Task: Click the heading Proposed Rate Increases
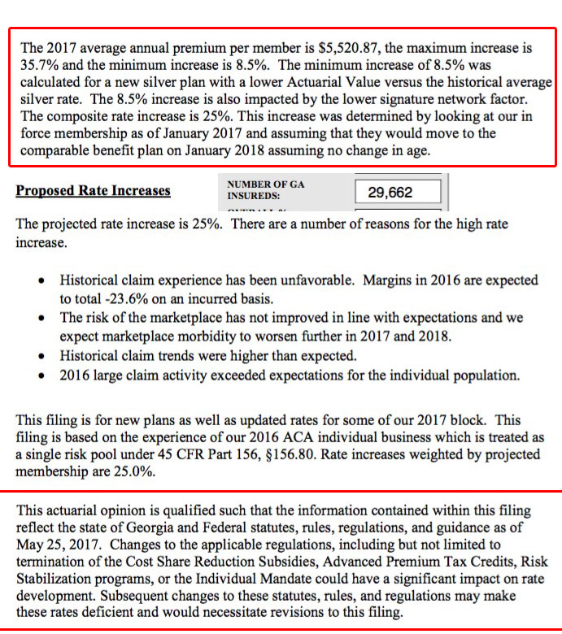(93, 191)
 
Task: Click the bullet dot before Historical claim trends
(43, 356)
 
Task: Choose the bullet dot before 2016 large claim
(43, 376)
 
